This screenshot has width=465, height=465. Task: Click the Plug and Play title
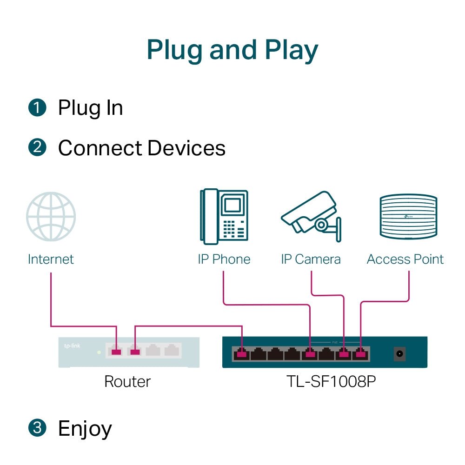(232, 50)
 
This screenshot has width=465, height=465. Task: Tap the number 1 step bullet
(37, 108)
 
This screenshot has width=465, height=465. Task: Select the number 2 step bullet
(37, 148)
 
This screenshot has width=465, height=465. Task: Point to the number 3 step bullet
(37, 428)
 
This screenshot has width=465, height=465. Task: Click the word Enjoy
(85, 429)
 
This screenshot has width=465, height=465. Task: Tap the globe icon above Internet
(51, 217)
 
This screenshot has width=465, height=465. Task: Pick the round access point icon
(408, 217)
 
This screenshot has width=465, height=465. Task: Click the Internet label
(51, 259)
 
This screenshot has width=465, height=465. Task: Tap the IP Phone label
(224, 259)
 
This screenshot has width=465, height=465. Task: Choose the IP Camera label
(311, 259)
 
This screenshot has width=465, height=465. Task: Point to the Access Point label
(405, 259)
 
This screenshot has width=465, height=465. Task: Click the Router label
(127, 382)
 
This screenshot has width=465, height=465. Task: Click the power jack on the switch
(399, 354)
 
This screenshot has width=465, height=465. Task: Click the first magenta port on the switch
(241, 354)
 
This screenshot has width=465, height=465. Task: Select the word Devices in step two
(186, 148)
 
